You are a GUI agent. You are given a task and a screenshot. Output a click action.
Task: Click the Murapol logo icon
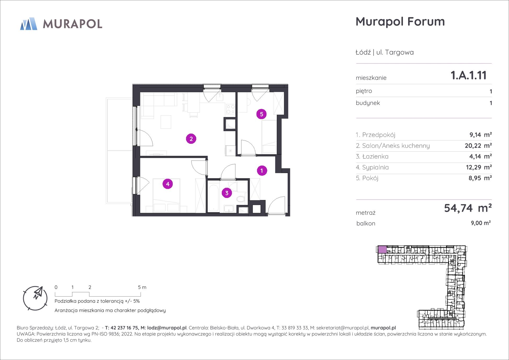[x=29, y=24]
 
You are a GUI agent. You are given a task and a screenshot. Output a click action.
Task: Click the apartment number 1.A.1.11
[x=468, y=75]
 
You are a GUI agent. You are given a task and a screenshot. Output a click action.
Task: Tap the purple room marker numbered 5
[x=262, y=114]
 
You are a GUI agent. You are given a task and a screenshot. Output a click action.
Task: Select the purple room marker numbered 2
[x=191, y=139]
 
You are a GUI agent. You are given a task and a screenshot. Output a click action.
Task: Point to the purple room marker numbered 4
[x=167, y=184]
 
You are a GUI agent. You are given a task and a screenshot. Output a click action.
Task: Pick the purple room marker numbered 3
[x=227, y=193]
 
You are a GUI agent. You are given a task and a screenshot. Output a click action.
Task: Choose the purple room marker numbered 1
[x=262, y=171]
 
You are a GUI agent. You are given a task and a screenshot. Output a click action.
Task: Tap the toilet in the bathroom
[x=241, y=199]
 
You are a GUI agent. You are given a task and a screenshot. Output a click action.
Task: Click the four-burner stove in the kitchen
[x=230, y=109]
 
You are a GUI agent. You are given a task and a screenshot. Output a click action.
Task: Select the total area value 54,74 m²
[x=468, y=208]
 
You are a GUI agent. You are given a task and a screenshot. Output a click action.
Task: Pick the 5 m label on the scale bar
[x=142, y=287]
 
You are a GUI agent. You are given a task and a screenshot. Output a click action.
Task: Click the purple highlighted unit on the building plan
[x=383, y=249]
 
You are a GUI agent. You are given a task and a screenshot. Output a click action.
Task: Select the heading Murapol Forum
[x=400, y=21]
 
